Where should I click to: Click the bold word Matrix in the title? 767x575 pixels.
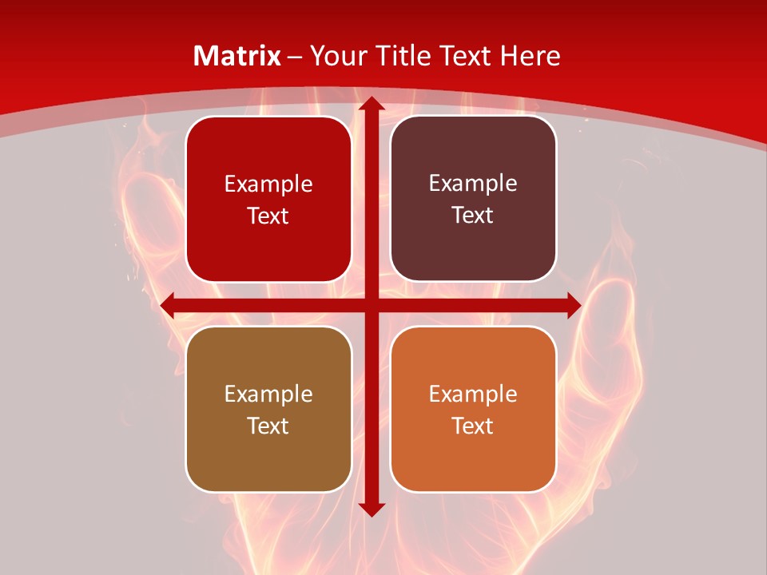(237, 56)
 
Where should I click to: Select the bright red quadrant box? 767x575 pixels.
(268, 199)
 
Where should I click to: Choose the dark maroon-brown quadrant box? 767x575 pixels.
(473, 199)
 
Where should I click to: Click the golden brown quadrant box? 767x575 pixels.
(268, 409)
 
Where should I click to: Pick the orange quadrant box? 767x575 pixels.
(473, 409)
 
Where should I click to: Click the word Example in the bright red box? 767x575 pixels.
(268, 184)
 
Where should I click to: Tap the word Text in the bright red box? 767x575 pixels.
(268, 216)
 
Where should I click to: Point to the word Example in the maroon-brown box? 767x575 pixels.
(473, 184)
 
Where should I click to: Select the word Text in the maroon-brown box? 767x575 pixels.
(473, 215)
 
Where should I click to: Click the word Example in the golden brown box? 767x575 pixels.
(268, 395)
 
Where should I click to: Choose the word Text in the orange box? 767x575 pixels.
(473, 426)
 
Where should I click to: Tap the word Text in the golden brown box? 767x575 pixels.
(268, 426)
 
